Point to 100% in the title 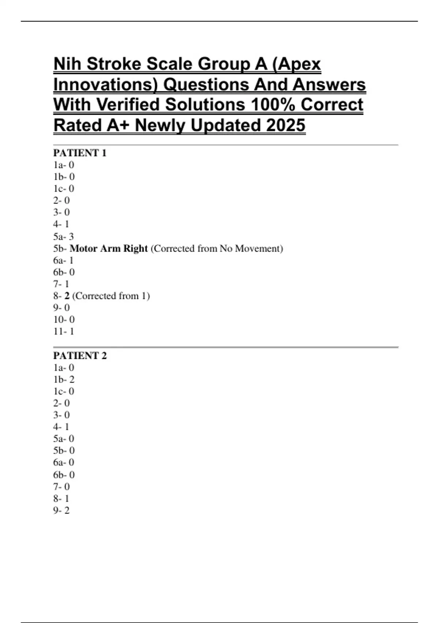tap(273, 105)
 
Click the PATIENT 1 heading tap(80, 153)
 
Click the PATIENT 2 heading tap(80, 355)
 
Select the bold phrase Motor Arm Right tap(109, 248)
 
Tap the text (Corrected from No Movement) tap(217, 248)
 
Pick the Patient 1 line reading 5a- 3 tap(63, 236)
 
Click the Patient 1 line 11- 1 tap(64, 331)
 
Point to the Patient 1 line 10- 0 tap(64, 320)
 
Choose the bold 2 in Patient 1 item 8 tap(67, 296)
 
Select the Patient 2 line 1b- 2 tap(64, 379)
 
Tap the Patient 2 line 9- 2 tap(61, 510)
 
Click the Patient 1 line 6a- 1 tap(63, 260)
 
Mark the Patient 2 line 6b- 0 tap(64, 475)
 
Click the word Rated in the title tap(78, 125)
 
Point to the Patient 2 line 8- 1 tap(61, 498)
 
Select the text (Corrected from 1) tap(111, 296)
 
